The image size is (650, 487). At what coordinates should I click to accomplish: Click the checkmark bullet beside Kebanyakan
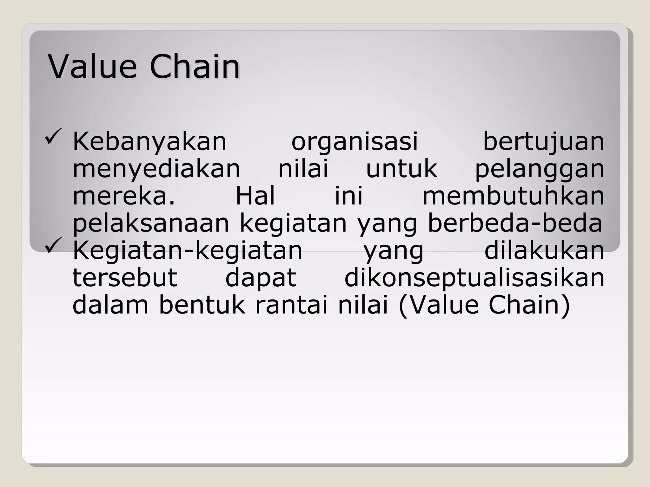click(x=53, y=137)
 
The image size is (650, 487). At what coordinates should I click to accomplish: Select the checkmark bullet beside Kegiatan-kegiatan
click(x=53, y=245)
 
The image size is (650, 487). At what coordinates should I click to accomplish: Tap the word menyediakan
click(x=156, y=169)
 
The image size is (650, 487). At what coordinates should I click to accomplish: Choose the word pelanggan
click(x=540, y=169)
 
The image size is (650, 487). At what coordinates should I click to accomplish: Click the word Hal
click(x=255, y=196)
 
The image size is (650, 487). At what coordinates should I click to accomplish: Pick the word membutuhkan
click(x=513, y=196)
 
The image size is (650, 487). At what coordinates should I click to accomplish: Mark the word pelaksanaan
click(x=151, y=223)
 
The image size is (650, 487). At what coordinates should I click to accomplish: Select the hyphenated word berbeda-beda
click(x=515, y=223)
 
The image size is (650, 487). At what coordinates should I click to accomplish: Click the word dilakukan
click(x=544, y=250)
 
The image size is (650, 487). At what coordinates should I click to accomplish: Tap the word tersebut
click(x=125, y=278)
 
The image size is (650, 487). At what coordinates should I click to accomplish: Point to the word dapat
click(x=261, y=278)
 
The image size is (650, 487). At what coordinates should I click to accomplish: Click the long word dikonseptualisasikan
click(x=474, y=278)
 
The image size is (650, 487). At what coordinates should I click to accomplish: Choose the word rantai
click(x=291, y=305)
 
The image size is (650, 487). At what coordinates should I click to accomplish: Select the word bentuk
click(x=202, y=305)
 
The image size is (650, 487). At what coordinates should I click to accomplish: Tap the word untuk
click(x=401, y=169)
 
